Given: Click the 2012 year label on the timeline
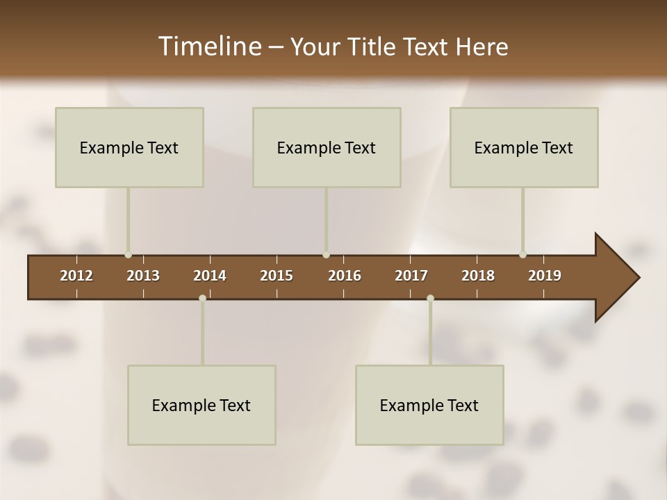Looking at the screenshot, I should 76,276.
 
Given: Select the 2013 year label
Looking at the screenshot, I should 143,276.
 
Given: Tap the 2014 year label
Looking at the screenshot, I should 210,276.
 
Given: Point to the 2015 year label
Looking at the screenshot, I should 277,276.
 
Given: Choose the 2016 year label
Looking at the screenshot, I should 345,276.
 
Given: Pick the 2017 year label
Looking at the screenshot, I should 411,276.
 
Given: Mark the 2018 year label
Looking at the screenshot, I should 478,276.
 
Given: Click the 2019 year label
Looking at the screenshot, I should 545,276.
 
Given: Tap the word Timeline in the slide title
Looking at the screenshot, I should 209,47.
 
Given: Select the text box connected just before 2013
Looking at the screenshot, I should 129,147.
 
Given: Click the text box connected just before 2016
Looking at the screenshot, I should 327,147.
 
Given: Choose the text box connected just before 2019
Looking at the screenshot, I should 524,147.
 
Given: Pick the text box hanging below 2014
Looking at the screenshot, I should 201,405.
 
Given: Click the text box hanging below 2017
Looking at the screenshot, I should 429,405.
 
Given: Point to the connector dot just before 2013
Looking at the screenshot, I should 129,255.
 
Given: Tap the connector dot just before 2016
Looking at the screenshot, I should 327,255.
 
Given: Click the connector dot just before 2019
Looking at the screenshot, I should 523,255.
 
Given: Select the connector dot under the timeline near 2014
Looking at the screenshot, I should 202,298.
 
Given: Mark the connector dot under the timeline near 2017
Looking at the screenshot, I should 430,298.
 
